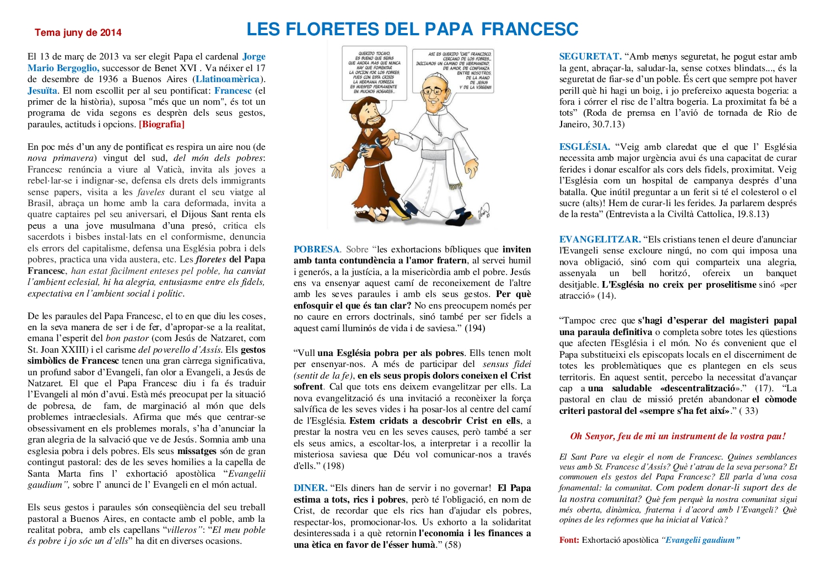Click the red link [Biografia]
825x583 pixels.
pos(161,125)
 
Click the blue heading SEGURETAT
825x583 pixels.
pos(590,57)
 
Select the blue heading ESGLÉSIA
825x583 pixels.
pos(584,147)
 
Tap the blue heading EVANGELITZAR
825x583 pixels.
pos(600,240)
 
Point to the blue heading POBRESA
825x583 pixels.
pos(316,250)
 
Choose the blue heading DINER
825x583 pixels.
pos(310,488)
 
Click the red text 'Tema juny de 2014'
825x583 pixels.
pos(78,33)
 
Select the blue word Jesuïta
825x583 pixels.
pos(42,91)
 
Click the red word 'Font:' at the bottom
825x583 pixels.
pos(569,540)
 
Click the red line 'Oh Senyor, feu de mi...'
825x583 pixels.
pos(678,436)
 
